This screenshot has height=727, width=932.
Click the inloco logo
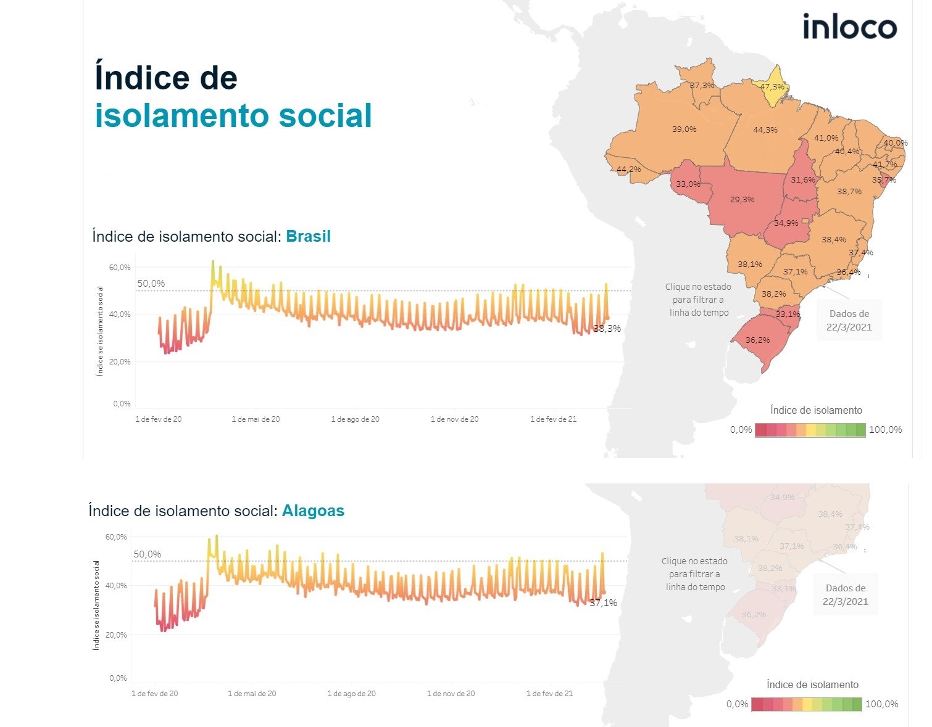pyautogui.click(x=849, y=27)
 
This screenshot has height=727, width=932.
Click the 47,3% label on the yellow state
pyautogui.click(x=772, y=87)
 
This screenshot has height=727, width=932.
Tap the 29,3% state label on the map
pyautogui.click(x=742, y=200)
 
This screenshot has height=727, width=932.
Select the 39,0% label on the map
pyautogui.click(x=684, y=129)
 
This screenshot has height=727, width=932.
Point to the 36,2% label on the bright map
pyautogui.click(x=757, y=340)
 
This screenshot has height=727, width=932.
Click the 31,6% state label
pyautogui.click(x=803, y=180)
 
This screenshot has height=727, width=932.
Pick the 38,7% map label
pyautogui.click(x=849, y=192)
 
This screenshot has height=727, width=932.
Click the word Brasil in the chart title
pyautogui.click(x=308, y=237)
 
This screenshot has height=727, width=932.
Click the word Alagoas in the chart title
pyautogui.click(x=313, y=511)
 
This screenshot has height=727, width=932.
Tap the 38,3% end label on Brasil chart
pyautogui.click(x=607, y=329)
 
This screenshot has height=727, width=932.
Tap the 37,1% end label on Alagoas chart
pyautogui.click(x=603, y=603)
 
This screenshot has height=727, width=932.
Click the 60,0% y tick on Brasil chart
pyautogui.click(x=120, y=268)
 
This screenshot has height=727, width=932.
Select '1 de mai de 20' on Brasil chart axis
pyautogui.click(x=256, y=419)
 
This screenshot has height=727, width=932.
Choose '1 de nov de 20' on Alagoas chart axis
pyautogui.click(x=451, y=694)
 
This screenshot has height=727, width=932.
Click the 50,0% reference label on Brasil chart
pyautogui.click(x=151, y=284)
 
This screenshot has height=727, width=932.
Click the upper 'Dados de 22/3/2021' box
pyautogui.click(x=849, y=321)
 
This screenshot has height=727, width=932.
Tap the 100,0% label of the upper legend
pyautogui.click(x=885, y=430)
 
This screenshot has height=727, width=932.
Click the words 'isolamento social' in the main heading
pyautogui.click(x=233, y=116)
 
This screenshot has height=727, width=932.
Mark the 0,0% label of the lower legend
pyautogui.click(x=737, y=704)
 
